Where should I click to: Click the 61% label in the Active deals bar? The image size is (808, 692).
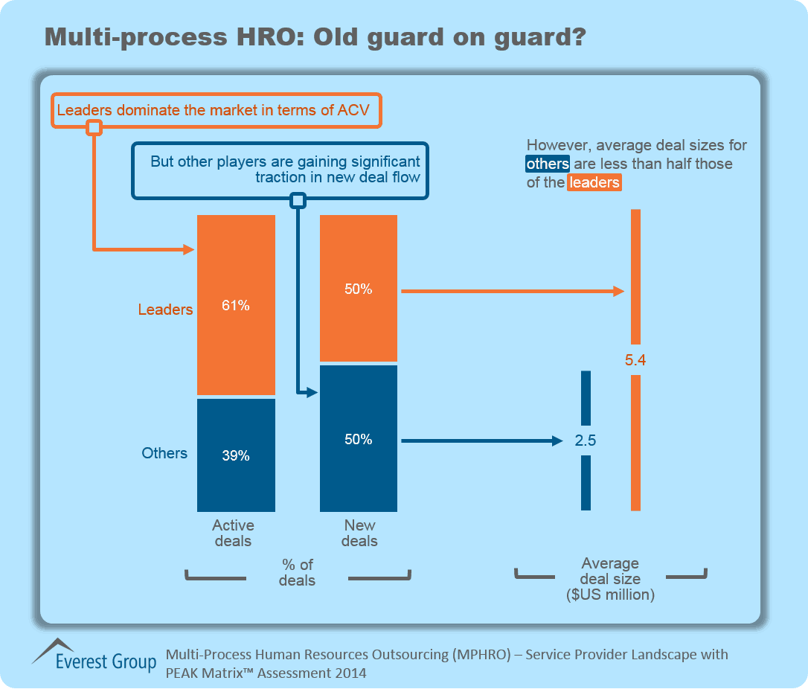click(235, 305)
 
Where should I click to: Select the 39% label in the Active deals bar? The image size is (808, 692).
click(235, 456)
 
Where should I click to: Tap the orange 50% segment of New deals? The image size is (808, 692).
click(359, 289)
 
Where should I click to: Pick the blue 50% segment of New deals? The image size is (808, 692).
click(359, 439)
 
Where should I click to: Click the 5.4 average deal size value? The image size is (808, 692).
click(635, 361)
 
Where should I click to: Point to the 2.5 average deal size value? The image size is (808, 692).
click(586, 440)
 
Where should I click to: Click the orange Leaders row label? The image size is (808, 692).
click(165, 310)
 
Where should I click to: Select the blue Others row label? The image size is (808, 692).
click(164, 453)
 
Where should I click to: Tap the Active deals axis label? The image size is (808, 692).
click(234, 533)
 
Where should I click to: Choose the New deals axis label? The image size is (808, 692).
click(359, 533)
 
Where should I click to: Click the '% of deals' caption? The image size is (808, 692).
click(298, 572)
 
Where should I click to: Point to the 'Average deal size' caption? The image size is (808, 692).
click(610, 578)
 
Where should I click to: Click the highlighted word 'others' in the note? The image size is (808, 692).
click(548, 164)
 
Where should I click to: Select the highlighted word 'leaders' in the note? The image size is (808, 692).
click(594, 182)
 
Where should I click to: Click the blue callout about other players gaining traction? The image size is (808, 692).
click(281, 170)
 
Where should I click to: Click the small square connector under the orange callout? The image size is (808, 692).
click(94, 128)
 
